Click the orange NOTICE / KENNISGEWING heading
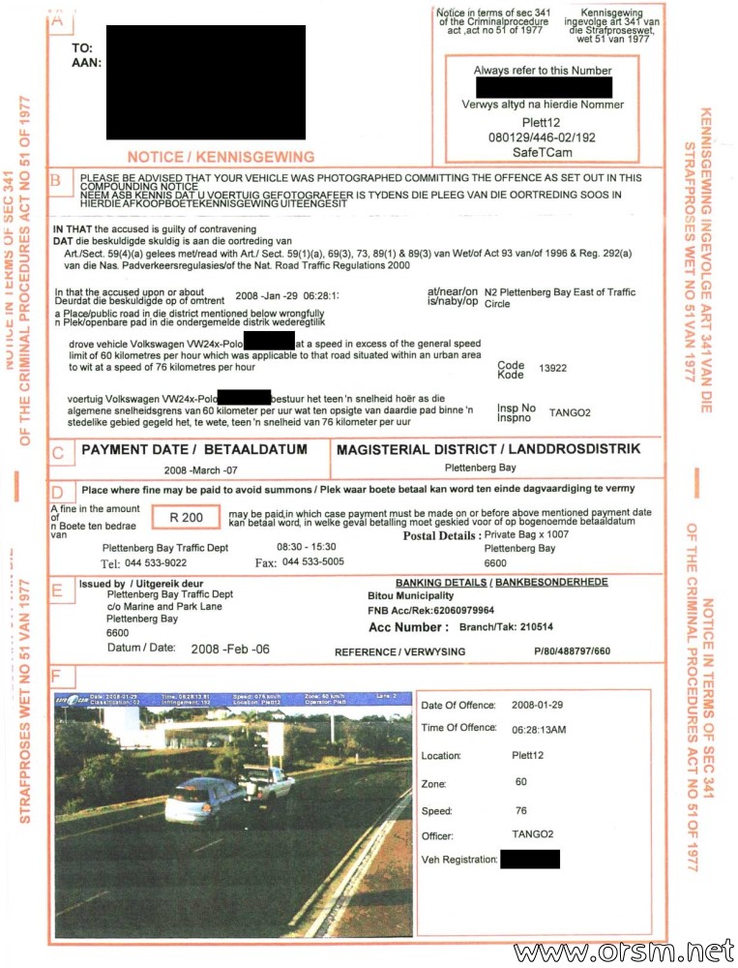(221, 156)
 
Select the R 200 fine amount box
(186, 518)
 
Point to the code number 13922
(554, 369)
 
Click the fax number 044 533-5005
(312, 562)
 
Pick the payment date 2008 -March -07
(193, 469)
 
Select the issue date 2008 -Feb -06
(230, 649)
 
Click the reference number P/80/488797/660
(572, 651)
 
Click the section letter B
(58, 179)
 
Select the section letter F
(58, 674)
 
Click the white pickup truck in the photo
(268, 781)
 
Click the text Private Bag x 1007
(526, 534)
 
